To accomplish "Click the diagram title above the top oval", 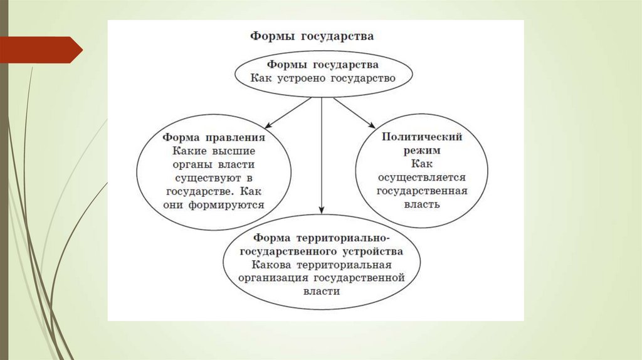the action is pos(312,36).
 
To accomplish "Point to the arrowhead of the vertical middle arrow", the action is pos(322,210).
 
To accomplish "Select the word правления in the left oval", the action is pos(236,137).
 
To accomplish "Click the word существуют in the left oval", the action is pos(204,177).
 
